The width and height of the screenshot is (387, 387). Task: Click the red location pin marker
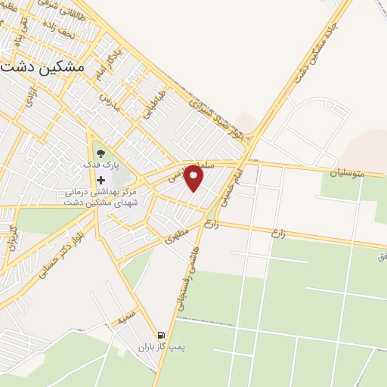point(194,178)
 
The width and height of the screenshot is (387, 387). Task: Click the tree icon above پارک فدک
point(101,151)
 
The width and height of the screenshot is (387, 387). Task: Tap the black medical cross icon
point(101,180)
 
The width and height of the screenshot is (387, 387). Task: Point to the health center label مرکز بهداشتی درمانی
point(106,193)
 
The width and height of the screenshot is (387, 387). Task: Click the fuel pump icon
point(160,335)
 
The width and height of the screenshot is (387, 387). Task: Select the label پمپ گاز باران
point(156,348)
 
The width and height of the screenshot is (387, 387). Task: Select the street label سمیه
point(126,317)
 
